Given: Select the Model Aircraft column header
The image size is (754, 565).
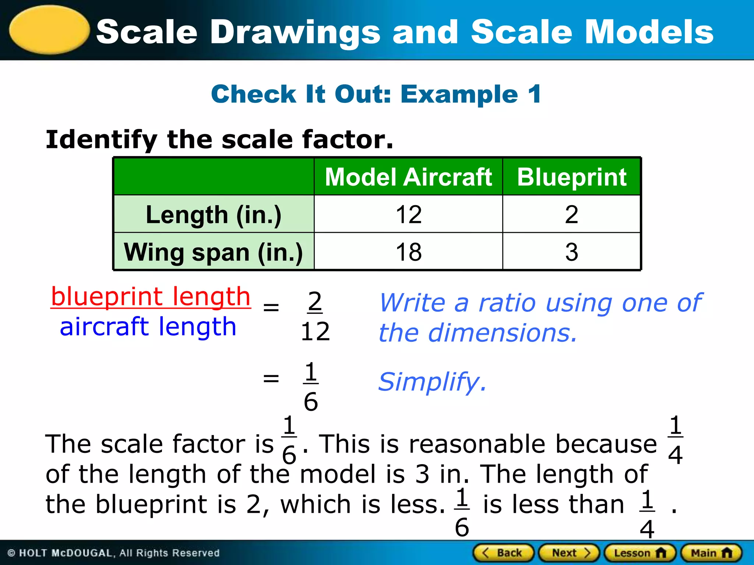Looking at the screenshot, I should pos(408,177).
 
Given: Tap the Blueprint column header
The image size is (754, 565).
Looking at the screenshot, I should pos(571,177).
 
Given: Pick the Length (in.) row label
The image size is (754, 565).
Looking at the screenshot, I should pos(214,215).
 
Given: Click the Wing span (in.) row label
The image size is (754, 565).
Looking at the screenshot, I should pos(214,252).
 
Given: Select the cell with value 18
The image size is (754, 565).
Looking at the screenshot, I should pos(408,252).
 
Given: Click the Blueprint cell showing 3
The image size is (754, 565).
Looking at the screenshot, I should pos(571,252).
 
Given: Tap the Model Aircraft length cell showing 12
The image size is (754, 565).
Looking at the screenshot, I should pos(408,215).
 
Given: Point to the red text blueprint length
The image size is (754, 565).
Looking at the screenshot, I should pos(151,297).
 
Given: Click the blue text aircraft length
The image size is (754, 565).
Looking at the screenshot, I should pos(148,327).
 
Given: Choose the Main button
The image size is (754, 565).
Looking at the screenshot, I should pos(711,553).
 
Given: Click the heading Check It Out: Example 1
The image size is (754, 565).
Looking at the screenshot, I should pos(376,94).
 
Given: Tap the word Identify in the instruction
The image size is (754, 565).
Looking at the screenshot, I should pos(101,140).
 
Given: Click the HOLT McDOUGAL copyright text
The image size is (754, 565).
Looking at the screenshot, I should pos(113,553).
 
